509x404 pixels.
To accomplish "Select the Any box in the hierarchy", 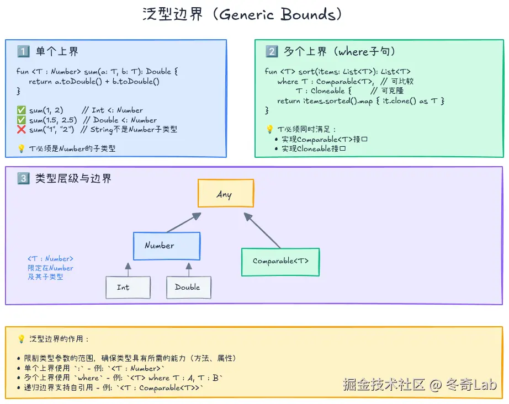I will (x=225, y=194).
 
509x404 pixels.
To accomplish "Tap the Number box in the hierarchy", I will (x=166, y=246).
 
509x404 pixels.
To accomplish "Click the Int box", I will (x=128, y=287).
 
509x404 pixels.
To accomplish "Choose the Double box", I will (x=188, y=287).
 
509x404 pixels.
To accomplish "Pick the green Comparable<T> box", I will (x=280, y=262).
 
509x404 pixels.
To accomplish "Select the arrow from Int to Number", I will (x=128, y=269).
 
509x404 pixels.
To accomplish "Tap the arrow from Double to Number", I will (x=188, y=269).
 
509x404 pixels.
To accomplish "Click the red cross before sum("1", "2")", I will (x=22, y=130).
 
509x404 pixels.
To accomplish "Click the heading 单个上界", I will (x=57, y=52).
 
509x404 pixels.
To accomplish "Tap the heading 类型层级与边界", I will (x=73, y=178).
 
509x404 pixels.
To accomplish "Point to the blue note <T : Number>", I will (x=50, y=258).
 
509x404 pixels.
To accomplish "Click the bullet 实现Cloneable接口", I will (x=314, y=148).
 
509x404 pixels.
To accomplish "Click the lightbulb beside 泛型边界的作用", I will (x=22, y=339).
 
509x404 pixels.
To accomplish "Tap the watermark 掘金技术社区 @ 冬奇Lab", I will (x=419, y=384).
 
